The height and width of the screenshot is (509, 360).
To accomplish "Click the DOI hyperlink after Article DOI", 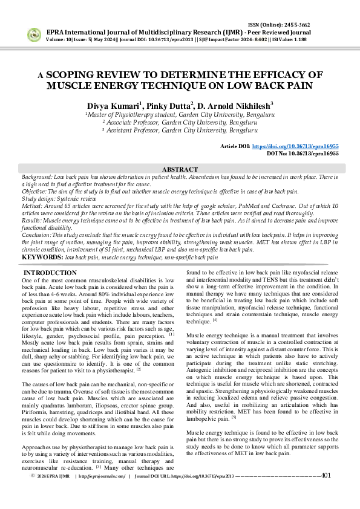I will coord(303,146).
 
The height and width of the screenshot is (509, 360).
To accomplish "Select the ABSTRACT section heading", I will coord(180,170).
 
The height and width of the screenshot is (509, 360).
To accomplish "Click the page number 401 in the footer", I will coord(326,493).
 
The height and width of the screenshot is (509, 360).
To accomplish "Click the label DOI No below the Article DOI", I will coord(278,154).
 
